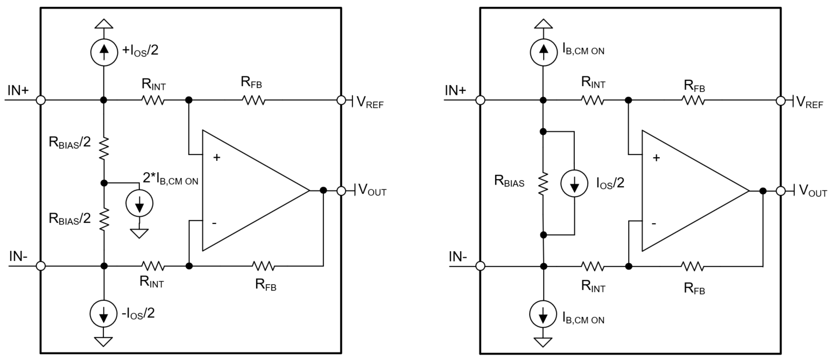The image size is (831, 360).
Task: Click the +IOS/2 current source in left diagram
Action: coord(104,52)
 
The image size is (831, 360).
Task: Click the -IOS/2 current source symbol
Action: coord(104,314)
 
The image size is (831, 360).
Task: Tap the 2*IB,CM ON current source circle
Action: coord(139,203)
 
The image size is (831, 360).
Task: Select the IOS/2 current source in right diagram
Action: coord(574,184)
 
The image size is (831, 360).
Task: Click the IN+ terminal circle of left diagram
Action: coord(40,100)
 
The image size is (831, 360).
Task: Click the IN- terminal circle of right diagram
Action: coord(481,266)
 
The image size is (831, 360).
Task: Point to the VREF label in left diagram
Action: coord(370,102)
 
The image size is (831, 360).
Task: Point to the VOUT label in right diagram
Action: coord(812,190)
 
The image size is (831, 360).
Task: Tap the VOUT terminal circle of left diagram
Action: coord(341,190)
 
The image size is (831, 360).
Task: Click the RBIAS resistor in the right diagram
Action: coord(544,183)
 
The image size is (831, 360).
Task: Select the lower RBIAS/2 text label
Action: coord(69,218)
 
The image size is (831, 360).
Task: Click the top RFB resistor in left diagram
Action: coord(253,100)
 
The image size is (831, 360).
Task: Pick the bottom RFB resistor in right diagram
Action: coord(693,266)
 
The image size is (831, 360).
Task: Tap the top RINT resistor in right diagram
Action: coord(593,100)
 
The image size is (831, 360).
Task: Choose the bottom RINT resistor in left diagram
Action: coord(153,266)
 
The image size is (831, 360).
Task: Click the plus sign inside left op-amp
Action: coord(216,158)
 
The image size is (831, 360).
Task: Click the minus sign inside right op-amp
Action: coord(654,223)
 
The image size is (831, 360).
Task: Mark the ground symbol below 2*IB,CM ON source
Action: coord(139,233)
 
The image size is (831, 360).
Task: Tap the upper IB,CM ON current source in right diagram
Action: coord(544,52)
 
